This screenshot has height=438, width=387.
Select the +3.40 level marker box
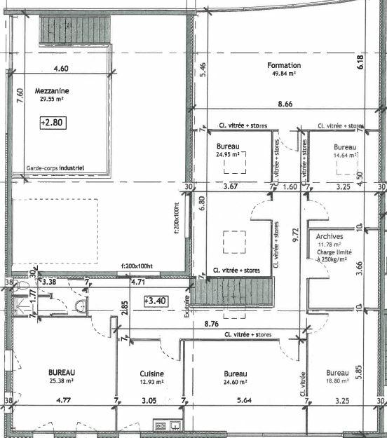pos(154,301)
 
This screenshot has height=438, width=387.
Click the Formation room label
pos(284,66)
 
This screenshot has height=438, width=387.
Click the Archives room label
pos(330,237)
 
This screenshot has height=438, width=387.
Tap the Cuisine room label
pos(151,374)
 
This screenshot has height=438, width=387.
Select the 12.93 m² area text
pos(151,383)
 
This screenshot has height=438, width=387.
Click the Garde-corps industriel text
pos(55,168)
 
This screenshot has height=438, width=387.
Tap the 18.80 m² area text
pos(337,383)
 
